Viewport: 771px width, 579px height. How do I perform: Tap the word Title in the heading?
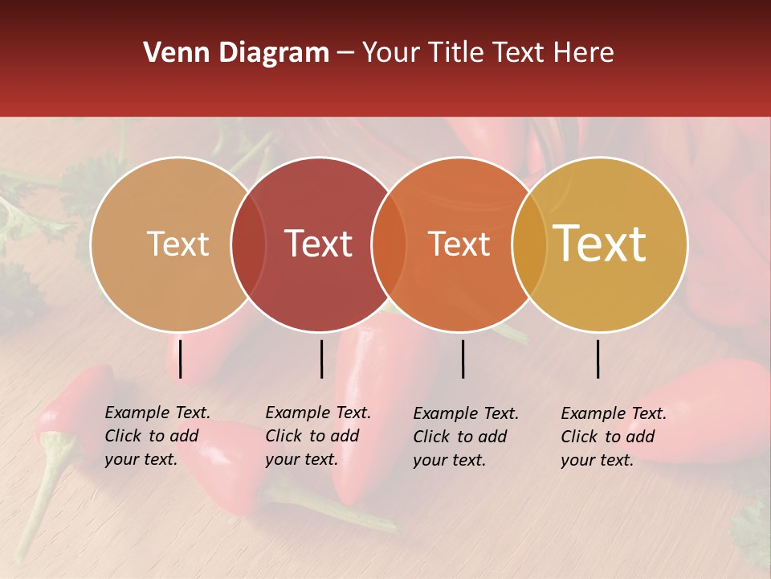(x=458, y=53)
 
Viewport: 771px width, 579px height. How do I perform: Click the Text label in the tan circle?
(x=177, y=244)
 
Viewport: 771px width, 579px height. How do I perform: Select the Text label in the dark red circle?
(x=319, y=244)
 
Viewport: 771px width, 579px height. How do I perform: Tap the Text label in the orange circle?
(x=459, y=244)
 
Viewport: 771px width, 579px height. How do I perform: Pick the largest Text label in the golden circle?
(x=600, y=244)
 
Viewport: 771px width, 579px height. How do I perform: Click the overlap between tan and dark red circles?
(x=248, y=244)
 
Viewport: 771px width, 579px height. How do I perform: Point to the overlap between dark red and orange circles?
(x=389, y=244)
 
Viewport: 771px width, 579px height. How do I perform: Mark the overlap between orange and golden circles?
(x=528, y=244)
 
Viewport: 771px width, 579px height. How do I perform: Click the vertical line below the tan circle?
(x=181, y=359)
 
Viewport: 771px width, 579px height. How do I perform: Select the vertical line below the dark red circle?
(x=321, y=359)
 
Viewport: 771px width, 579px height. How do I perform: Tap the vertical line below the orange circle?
(x=463, y=359)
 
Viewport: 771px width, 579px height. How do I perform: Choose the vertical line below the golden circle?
(x=598, y=359)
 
